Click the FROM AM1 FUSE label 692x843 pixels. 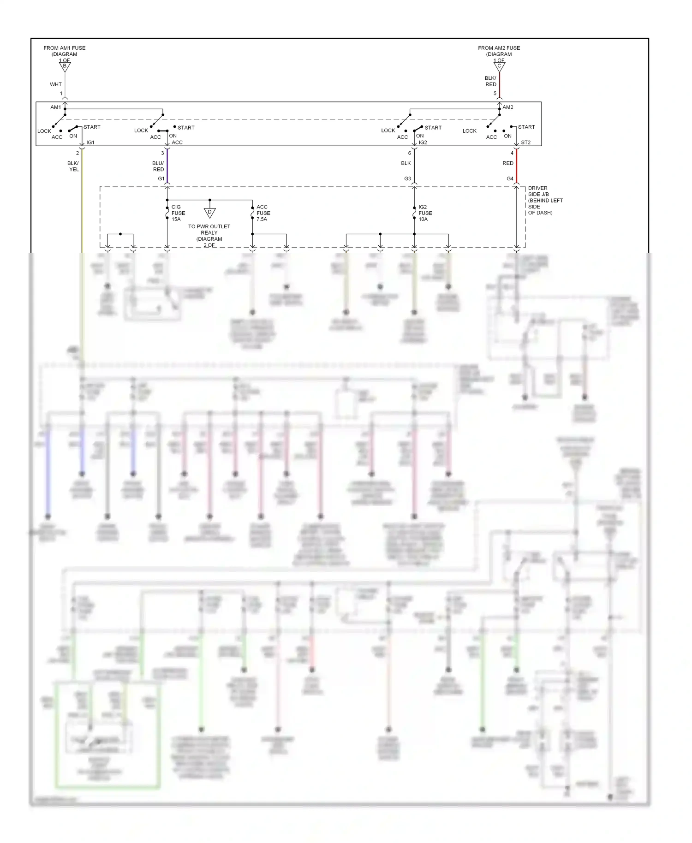(x=65, y=48)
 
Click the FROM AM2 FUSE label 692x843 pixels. (x=499, y=48)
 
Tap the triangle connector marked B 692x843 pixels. (x=65, y=67)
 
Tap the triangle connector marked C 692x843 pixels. (x=499, y=67)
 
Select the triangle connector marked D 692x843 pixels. (x=209, y=213)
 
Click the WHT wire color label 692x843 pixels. (x=56, y=84)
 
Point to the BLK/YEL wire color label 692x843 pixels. (x=73, y=166)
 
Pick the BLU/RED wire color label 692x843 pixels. (x=158, y=166)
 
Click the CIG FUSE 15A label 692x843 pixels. (x=178, y=213)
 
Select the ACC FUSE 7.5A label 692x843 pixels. (x=263, y=213)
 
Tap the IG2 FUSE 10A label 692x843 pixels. (x=425, y=213)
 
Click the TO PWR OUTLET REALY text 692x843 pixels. (x=209, y=230)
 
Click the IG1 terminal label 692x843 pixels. (x=90, y=142)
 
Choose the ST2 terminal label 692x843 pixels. (x=525, y=142)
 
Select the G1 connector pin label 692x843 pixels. (x=161, y=178)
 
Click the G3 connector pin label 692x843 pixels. (x=407, y=178)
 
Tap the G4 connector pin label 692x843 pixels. (x=510, y=178)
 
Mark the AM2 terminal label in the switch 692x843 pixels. (x=508, y=107)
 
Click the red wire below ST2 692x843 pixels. (x=517, y=166)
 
